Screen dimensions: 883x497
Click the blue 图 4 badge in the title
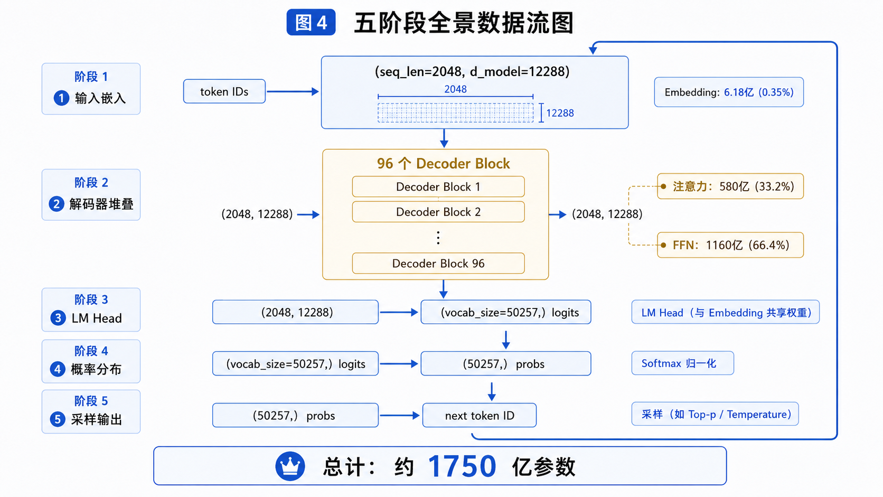(x=311, y=23)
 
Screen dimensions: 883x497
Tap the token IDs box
(x=224, y=91)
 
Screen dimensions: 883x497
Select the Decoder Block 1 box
(x=438, y=186)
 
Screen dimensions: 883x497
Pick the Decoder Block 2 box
(x=438, y=212)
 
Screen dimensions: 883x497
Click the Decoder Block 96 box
(x=438, y=263)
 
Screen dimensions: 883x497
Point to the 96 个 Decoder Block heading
(x=444, y=163)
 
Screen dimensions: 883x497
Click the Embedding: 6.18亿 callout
(x=729, y=92)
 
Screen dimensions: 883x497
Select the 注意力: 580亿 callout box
(x=730, y=186)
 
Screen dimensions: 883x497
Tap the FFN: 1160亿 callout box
(x=730, y=245)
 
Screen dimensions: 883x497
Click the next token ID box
(x=480, y=416)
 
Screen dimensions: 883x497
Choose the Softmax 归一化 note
(x=683, y=363)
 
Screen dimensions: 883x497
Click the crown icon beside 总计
(x=290, y=466)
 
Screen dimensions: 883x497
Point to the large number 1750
(x=462, y=466)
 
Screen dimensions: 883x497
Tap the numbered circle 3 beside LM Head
(x=58, y=317)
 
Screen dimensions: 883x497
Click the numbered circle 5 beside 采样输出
(x=58, y=419)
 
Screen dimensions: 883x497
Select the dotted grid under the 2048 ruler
(x=455, y=112)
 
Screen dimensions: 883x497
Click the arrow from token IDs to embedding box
(x=293, y=91)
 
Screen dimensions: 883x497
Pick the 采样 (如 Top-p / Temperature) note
(x=715, y=414)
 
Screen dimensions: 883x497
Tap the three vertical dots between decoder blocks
(x=438, y=238)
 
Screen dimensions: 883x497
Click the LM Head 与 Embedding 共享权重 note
(x=725, y=312)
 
